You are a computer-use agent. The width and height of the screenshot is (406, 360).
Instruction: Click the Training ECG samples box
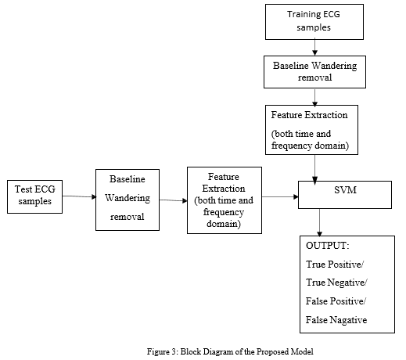pos(314,22)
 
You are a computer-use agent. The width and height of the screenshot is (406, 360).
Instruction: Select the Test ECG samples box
pos(34,196)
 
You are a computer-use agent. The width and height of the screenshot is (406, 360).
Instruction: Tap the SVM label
pos(345,190)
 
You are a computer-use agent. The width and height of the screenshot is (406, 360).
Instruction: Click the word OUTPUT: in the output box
pos(328,246)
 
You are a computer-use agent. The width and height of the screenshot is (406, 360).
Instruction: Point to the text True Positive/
pos(335,265)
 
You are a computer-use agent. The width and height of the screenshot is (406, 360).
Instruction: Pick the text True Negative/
pos(336,283)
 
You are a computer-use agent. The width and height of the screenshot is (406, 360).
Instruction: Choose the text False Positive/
pos(336,301)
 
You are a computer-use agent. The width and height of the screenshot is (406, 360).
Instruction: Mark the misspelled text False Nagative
pos(336,320)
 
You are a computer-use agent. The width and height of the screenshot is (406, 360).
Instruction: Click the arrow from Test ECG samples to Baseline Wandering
pos(79,196)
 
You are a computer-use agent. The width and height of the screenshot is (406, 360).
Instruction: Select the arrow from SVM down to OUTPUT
pos(319,222)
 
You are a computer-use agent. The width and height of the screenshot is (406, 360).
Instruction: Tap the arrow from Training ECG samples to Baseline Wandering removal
pos(314,48)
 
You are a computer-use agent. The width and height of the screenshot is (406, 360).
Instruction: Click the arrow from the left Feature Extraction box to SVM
pos(280,196)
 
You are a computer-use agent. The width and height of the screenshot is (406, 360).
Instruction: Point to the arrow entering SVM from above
pos(314,169)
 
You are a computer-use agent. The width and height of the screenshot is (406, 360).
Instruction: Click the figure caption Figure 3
pos(230,351)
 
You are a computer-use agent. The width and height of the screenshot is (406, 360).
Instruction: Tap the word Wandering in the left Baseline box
pos(128,198)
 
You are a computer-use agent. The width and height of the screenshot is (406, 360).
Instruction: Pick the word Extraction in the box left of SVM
pos(224,189)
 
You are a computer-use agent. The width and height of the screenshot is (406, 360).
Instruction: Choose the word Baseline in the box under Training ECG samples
pos(291,66)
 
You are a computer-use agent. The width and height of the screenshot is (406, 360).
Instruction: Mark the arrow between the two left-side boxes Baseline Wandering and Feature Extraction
pos(174,200)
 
